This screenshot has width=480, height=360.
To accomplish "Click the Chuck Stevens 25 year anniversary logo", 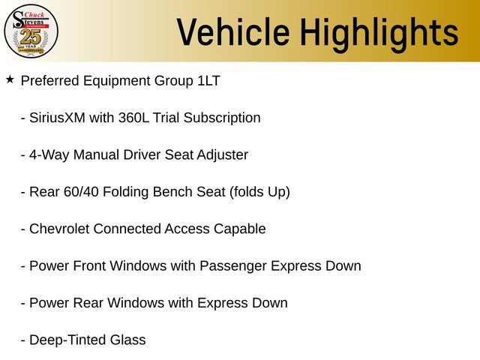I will [31, 31].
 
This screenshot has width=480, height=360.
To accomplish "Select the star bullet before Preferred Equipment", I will [10, 79].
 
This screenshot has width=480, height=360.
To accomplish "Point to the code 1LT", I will [205, 80].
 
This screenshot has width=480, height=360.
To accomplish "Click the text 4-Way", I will [46, 154].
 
